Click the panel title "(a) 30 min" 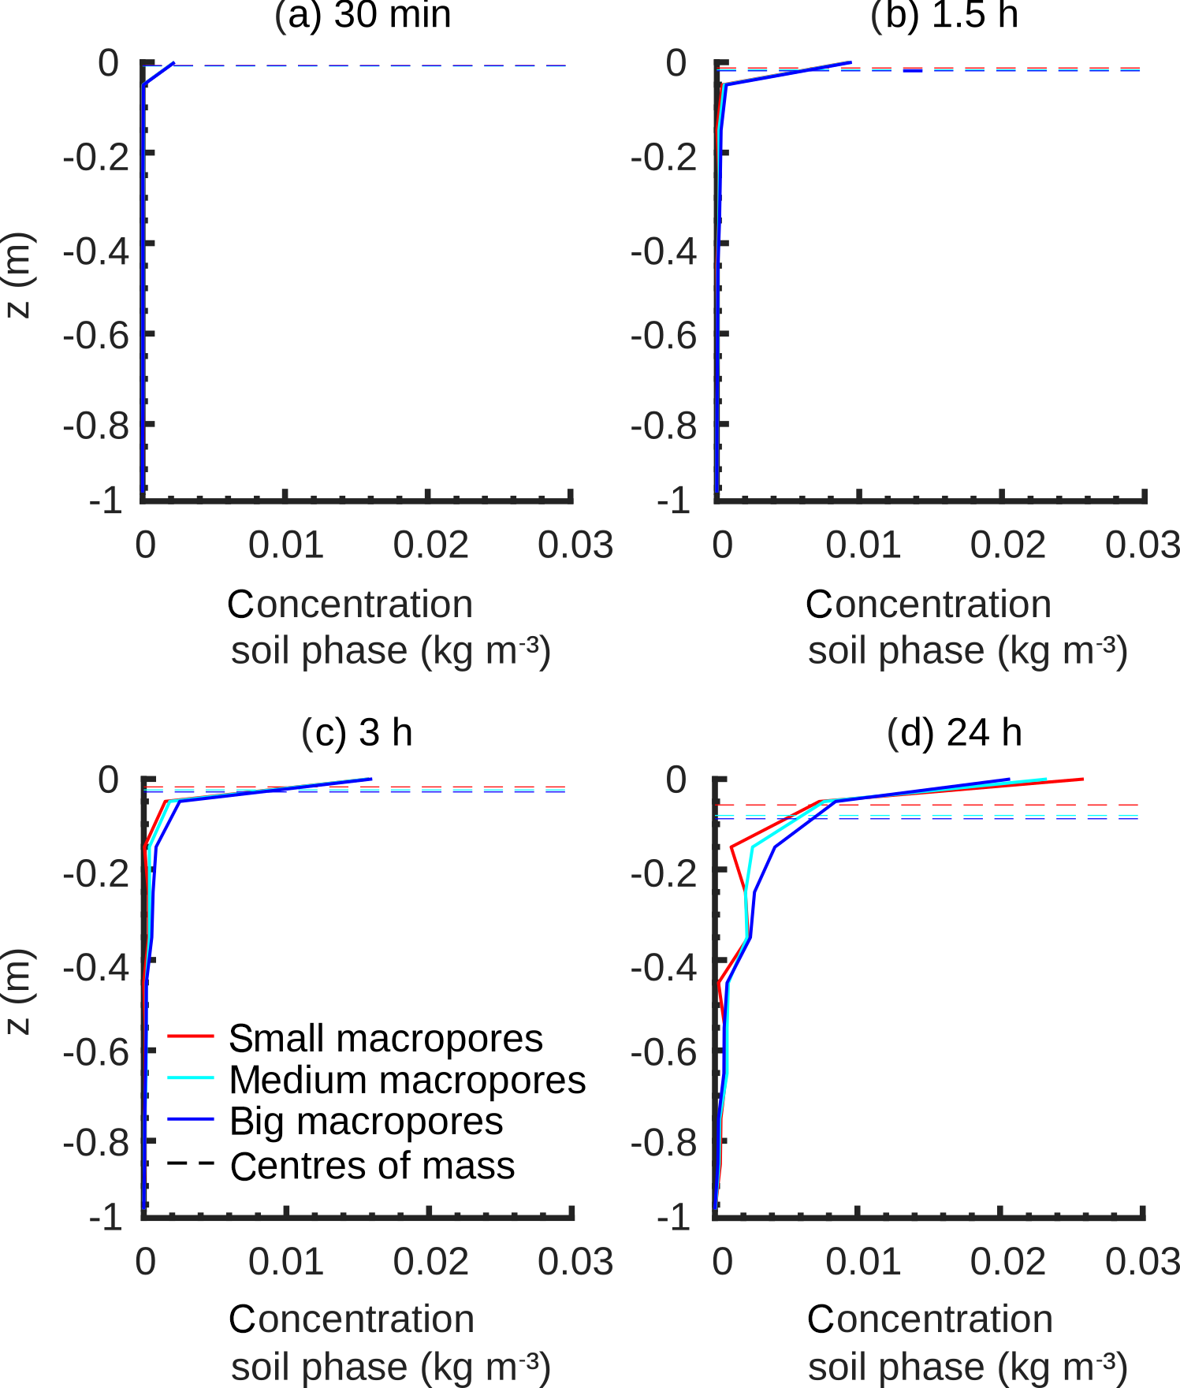point(363,16)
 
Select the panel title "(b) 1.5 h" point(944,16)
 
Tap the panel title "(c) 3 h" point(357,732)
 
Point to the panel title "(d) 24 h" point(954,732)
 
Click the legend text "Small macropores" point(385,1039)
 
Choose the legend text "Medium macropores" point(407,1080)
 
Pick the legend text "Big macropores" point(366,1122)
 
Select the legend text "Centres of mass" point(372,1166)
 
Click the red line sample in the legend point(191,1036)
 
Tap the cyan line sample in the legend point(191,1077)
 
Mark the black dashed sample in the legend point(191,1163)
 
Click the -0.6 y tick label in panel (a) point(96,335)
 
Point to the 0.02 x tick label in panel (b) point(1008,545)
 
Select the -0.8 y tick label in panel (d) point(664,1142)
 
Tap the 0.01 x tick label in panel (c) point(286,1262)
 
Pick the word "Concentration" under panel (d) point(929,1319)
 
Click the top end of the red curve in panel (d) point(1083,780)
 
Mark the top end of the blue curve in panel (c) point(370,780)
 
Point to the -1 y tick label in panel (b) point(675,500)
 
